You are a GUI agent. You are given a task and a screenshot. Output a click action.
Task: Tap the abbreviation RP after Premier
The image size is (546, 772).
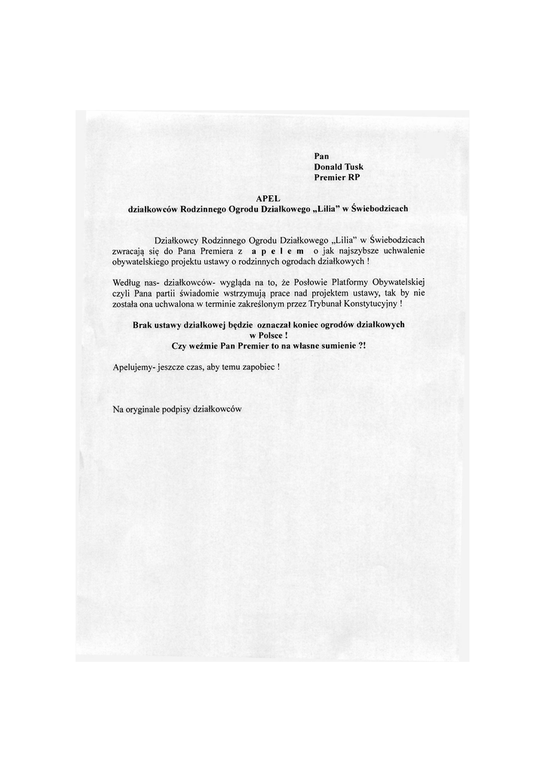tap(353, 178)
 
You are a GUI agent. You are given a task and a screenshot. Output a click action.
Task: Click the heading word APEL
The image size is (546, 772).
tap(268, 198)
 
